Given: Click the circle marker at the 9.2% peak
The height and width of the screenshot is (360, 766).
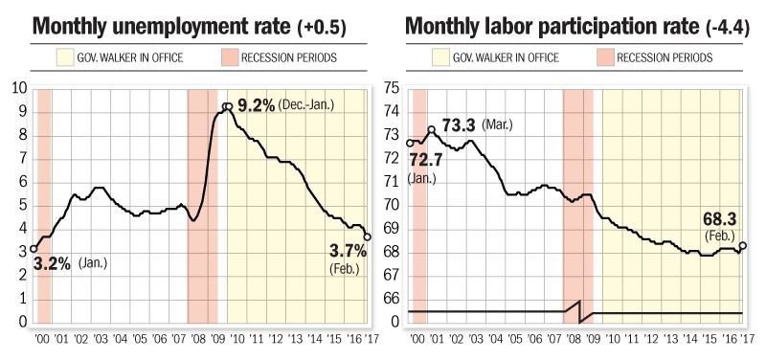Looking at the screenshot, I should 227,107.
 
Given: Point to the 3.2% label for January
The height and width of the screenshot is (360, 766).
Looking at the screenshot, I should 51,261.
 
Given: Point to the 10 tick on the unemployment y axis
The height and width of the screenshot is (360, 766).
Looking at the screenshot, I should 16,88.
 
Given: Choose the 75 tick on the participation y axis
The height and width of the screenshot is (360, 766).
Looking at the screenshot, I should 391,88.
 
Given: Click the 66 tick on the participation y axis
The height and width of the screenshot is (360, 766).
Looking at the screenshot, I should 391,299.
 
